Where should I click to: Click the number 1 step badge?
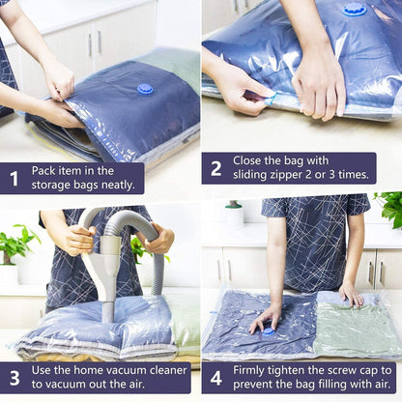pyautogui.click(x=14, y=178)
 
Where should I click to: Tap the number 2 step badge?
pyautogui.click(x=215, y=168)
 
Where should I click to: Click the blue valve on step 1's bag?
pyautogui.click(x=145, y=89)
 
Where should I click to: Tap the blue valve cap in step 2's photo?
pyautogui.click(x=355, y=10)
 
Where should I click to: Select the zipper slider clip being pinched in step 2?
pyautogui.click(x=270, y=99)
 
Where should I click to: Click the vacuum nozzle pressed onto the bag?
pyautogui.click(x=107, y=307)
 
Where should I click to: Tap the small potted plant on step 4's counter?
pyautogui.click(x=235, y=212)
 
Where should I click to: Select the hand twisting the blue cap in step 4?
pyautogui.click(x=266, y=318)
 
